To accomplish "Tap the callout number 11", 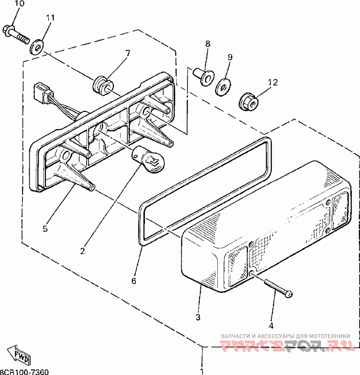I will [x=50, y=18].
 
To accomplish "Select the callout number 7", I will [x=127, y=53].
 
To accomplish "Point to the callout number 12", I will [x=273, y=82].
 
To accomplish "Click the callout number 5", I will [x=45, y=229].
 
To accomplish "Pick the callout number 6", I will [x=134, y=281].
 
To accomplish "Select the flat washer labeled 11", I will [x=37, y=46].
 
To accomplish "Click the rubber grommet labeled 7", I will [x=101, y=84].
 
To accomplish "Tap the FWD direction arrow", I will [x=19, y=356].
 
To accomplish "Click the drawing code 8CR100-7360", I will [x=24, y=371].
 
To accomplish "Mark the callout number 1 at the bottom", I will [x=202, y=371].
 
